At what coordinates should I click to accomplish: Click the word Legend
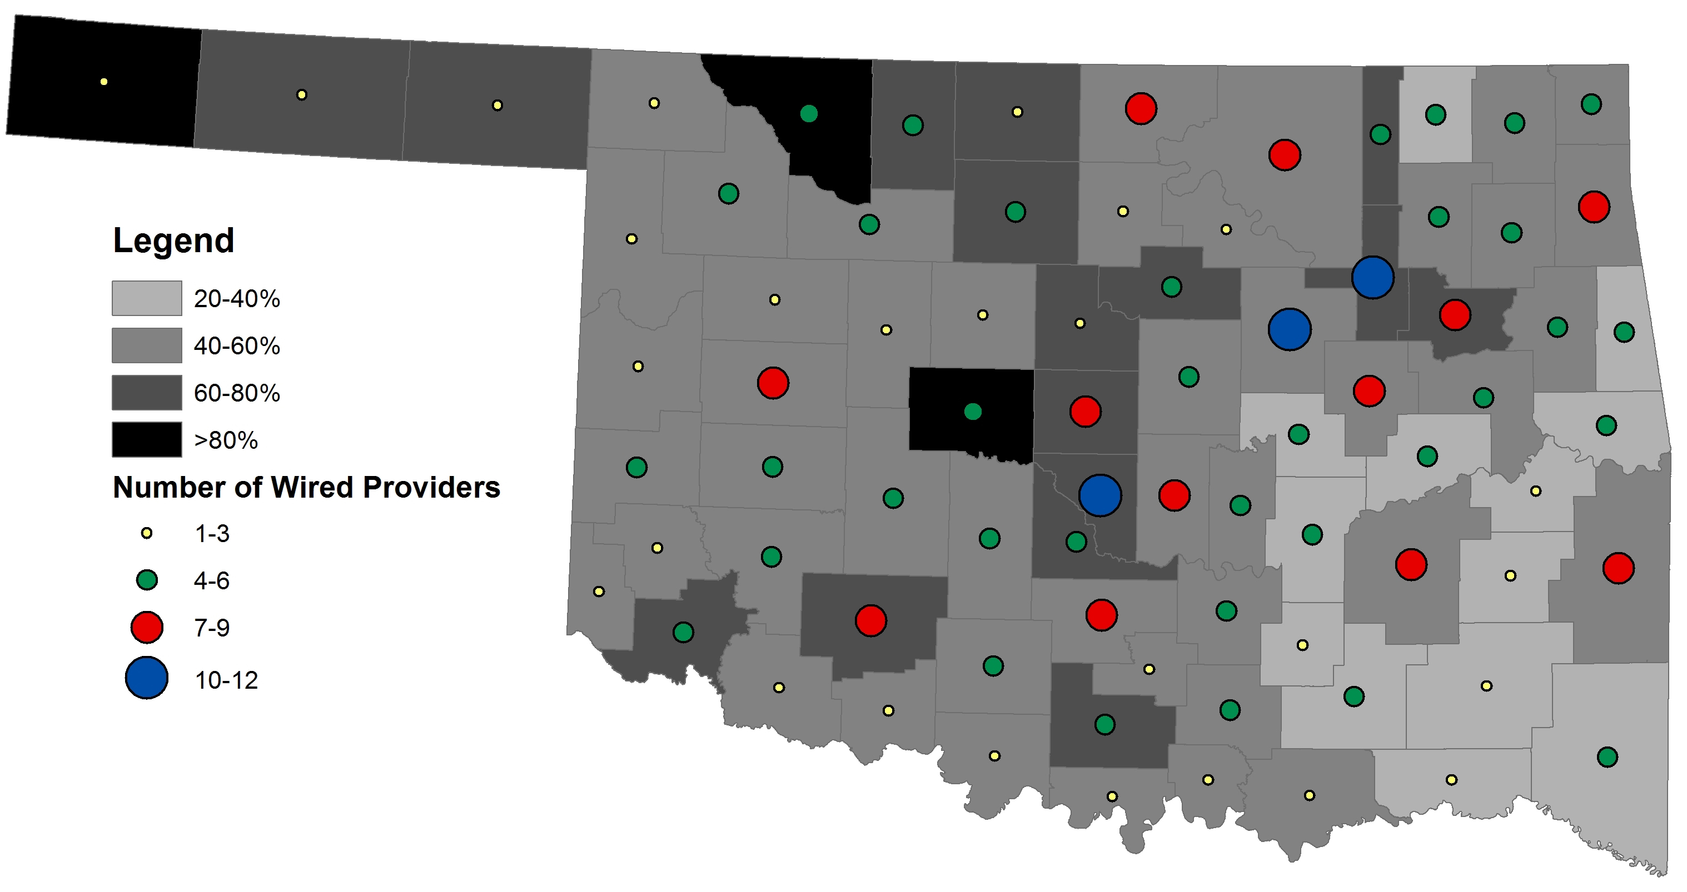pos(173,240)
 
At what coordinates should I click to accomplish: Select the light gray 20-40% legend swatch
pos(147,298)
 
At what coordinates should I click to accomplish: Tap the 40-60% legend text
pos(236,345)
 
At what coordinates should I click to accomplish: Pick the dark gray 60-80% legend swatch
pos(147,393)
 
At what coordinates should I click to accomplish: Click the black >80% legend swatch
pos(147,440)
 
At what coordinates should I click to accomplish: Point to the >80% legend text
pos(226,440)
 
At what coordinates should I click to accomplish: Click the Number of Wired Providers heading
pos(306,487)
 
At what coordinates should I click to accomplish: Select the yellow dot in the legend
pos(147,533)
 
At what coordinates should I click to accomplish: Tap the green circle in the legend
pos(147,580)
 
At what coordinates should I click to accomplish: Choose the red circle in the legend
pos(147,627)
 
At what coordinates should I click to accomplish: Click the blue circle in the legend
pos(147,678)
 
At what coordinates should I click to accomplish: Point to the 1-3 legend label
pos(212,534)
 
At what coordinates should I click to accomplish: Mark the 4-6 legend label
pos(212,580)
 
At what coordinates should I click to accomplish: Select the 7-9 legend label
pos(212,628)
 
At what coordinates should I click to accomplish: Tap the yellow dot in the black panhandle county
pos(103,82)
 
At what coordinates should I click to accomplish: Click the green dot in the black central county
pos(973,412)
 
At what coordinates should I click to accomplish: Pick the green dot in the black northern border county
pos(809,114)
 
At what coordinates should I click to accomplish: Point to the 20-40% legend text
pos(236,298)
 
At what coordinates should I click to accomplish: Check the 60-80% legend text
pos(236,393)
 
